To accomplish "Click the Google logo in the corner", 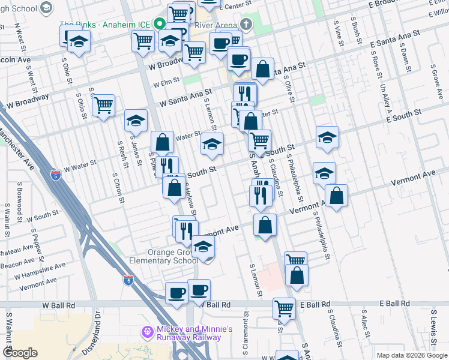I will (20, 353).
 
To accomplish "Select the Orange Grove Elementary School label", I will (164, 256).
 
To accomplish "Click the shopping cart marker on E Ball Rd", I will (284, 308).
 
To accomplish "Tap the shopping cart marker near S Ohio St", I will (104, 106).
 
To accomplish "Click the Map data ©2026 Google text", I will (411, 355).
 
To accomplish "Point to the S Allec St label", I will (364, 324).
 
